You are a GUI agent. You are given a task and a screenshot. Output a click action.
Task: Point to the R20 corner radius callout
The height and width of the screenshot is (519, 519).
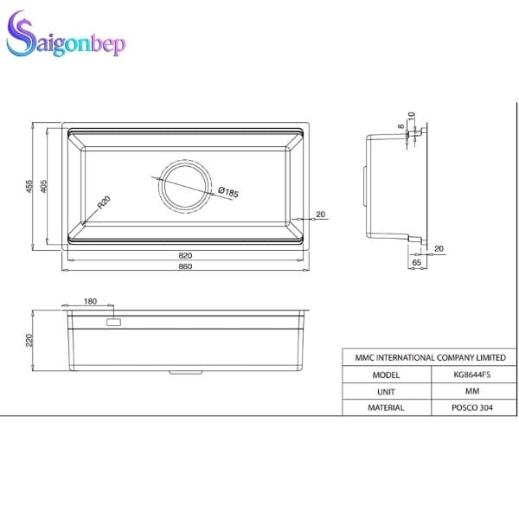point(104,203)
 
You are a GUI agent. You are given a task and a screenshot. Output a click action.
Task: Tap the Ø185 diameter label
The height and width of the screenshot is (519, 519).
point(228,192)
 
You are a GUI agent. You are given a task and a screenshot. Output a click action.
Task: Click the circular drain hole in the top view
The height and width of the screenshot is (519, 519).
point(183,184)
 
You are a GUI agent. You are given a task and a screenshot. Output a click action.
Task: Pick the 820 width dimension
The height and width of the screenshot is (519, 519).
point(185,255)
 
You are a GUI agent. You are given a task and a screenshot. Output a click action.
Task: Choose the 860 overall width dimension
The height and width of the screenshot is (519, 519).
point(185,266)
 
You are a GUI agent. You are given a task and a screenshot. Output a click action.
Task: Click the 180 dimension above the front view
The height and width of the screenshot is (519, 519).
point(91,301)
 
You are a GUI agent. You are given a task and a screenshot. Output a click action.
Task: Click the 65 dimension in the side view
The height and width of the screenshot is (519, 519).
point(416,261)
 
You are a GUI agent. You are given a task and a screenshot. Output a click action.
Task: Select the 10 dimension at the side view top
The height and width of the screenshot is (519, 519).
point(413,114)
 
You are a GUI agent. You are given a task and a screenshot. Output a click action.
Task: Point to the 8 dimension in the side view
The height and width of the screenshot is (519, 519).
point(401,126)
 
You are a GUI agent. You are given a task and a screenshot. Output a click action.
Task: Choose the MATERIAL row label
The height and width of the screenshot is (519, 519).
point(385,407)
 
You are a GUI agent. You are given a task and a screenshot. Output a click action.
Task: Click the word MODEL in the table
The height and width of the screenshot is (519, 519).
point(385,375)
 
